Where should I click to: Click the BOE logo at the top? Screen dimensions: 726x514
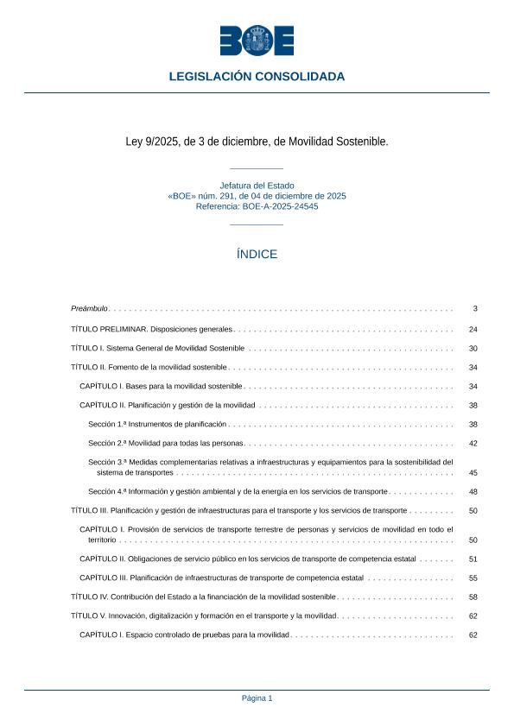click(x=257, y=41)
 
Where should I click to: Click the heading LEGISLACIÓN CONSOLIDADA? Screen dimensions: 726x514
click(x=257, y=77)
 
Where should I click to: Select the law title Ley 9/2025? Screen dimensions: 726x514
click(x=257, y=141)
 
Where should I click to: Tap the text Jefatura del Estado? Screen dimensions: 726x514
click(x=257, y=186)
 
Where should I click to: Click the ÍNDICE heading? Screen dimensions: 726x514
click(x=257, y=255)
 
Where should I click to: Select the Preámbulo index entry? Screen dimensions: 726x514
click(x=89, y=308)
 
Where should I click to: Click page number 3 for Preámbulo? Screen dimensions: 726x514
click(x=474, y=308)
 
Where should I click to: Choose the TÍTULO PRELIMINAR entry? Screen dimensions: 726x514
click(x=152, y=330)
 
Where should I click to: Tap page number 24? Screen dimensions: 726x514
click(x=473, y=330)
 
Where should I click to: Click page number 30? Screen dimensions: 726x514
click(x=473, y=349)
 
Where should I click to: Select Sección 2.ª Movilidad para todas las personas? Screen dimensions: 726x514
click(x=166, y=443)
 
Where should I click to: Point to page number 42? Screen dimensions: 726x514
click(x=473, y=443)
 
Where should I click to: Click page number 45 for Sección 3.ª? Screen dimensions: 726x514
click(x=473, y=473)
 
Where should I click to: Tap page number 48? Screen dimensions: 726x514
click(x=473, y=492)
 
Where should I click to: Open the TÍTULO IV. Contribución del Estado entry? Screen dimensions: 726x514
click(x=202, y=597)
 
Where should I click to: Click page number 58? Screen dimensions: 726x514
click(x=473, y=597)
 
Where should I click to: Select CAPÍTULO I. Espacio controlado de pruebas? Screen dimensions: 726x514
click(x=184, y=635)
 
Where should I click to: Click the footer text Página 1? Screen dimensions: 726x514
click(x=257, y=698)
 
